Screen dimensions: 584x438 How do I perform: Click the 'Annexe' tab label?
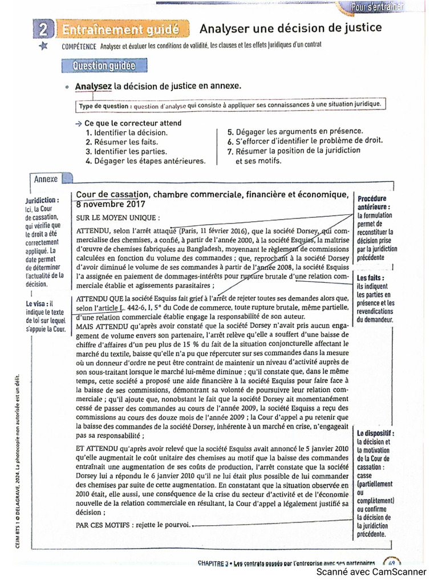point(46,179)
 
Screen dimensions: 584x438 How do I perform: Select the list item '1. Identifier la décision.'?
point(130,132)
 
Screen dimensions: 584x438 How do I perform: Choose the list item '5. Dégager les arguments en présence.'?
point(295,131)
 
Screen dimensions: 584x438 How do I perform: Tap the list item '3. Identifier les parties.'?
point(126,152)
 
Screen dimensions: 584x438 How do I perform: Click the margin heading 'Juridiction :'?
point(42,201)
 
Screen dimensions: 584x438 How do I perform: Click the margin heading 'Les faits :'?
point(371,278)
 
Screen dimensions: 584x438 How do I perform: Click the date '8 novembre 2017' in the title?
point(111,204)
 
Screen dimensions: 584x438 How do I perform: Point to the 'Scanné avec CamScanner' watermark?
point(371,571)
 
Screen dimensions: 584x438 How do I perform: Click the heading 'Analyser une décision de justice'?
point(290,28)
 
